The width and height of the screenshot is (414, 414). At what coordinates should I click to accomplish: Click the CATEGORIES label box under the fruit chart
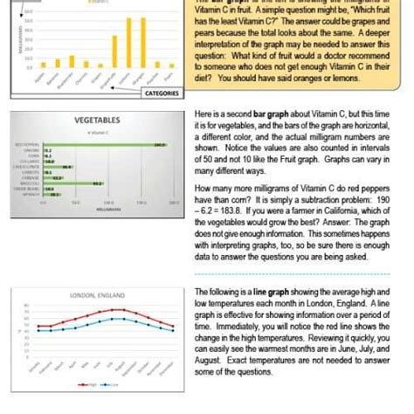[x=162, y=93]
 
